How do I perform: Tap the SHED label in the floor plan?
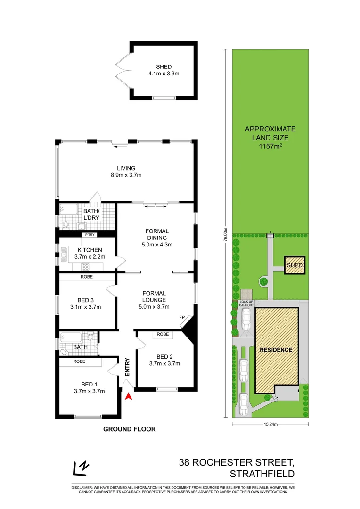(x=164, y=66)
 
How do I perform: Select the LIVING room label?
(x=126, y=168)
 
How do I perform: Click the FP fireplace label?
(x=182, y=317)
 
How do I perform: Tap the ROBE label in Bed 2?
(x=163, y=334)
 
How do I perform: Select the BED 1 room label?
(x=89, y=384)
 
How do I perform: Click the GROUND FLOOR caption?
(x=129, y=429)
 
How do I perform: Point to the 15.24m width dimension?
(x=270, y=424)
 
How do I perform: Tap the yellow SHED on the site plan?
(x=295, y=266)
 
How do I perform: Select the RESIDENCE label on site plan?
(x=276, y=350)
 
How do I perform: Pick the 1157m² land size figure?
(x=270, y=146)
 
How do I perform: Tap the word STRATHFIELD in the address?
(x=262, y=474)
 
